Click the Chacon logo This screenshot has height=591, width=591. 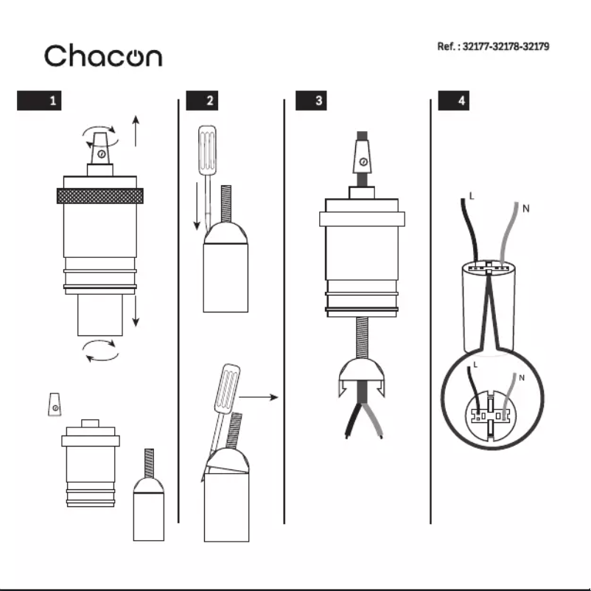click(x=102, y=56)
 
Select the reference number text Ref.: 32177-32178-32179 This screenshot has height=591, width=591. click(x=493, y=46)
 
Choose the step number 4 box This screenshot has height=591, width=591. click(x=453, y=101)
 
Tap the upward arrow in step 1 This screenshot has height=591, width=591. click(x=136, y=131)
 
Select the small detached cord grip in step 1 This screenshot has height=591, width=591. click(x=54, y=405)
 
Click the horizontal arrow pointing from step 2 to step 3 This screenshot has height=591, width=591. click(x=259, y=397)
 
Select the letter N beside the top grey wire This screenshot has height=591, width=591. click(x=525, y=209)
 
